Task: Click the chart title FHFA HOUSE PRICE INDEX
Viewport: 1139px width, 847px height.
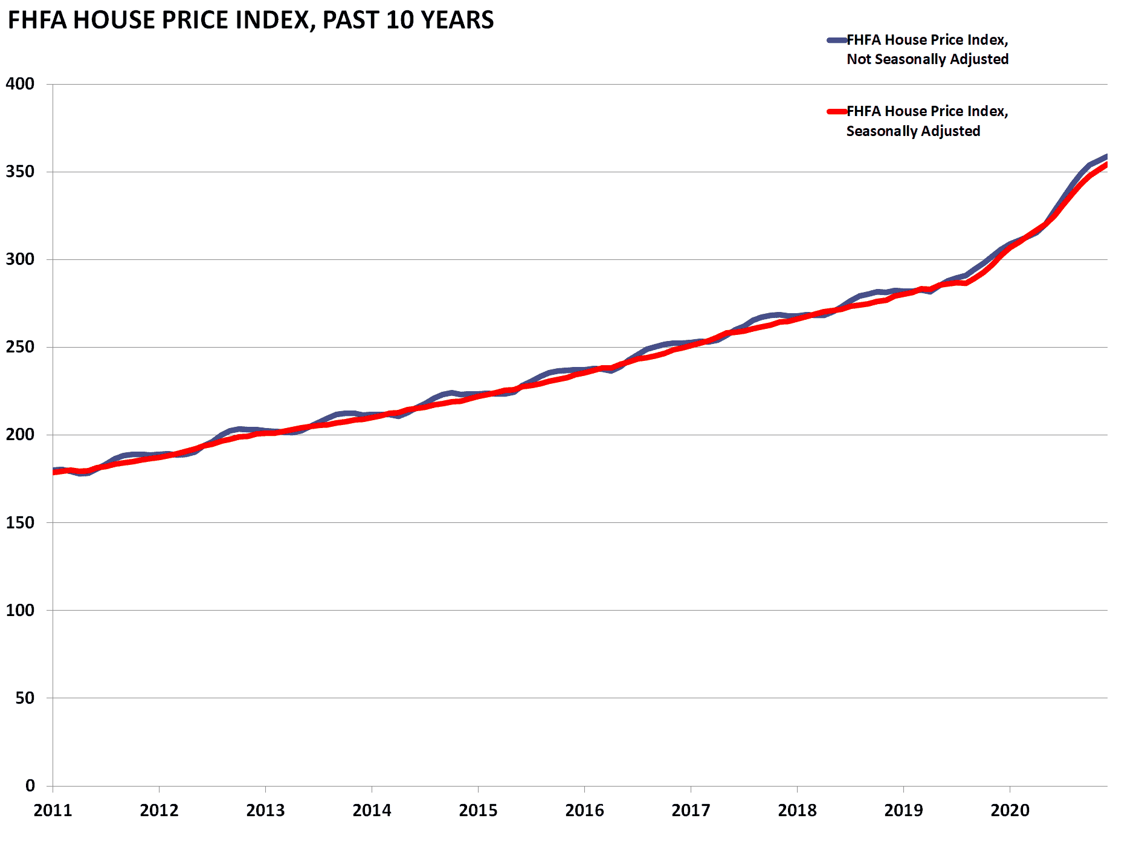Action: [250, 20]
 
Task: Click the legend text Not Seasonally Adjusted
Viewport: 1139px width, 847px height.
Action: [927, 59]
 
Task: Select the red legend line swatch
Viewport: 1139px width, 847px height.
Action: [837, 111]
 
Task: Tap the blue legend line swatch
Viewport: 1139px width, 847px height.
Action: [837, 41]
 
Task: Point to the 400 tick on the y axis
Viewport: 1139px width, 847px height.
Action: [20, 84]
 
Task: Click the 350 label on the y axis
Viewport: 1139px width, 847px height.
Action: [20, 172]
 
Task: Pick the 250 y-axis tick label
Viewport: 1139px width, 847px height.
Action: [20, 347]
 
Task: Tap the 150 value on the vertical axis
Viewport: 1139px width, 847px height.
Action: [20, 522]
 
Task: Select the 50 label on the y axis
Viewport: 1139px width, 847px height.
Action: [25, 698]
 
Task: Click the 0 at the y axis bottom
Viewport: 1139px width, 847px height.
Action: [30, 785]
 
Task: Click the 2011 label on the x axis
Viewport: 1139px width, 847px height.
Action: [53, 810]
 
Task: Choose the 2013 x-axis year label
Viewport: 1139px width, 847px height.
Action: [265, 810]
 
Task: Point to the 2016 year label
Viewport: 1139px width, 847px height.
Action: [584, 810]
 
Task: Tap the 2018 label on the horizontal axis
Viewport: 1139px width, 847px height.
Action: [797, 810]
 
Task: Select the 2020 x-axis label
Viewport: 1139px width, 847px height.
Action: [1010, 810]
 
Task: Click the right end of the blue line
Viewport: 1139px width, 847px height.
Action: [1105, 157]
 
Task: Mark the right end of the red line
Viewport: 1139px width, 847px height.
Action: [1105, 165]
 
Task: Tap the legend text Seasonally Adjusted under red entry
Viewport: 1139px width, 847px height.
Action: [912, 131]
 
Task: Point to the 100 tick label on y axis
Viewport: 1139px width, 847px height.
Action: [20, 610]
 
